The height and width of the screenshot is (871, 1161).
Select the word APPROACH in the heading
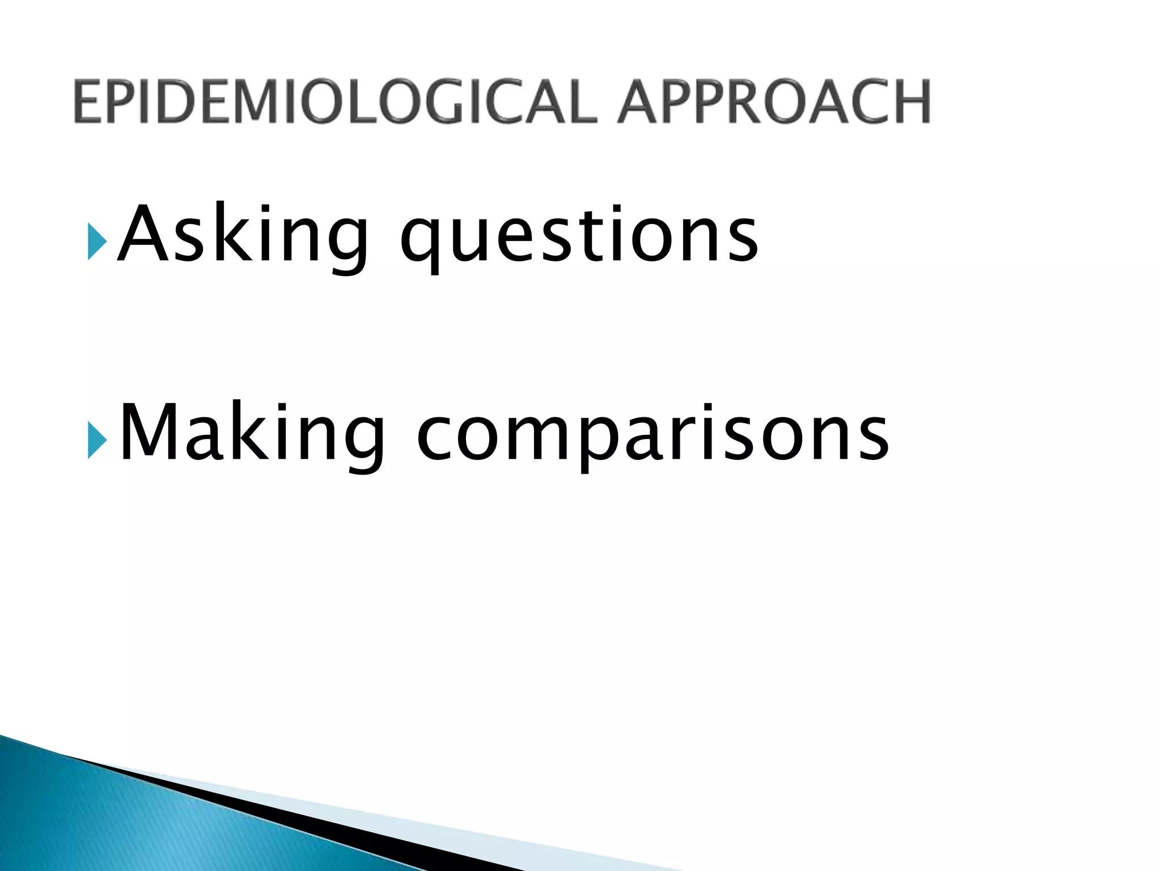(x=774, y=102)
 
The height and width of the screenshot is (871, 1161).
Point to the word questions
(x=578, y=238)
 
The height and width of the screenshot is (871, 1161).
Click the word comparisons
(x=652, y=437)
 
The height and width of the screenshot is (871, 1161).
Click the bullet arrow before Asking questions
(x=97, y=242)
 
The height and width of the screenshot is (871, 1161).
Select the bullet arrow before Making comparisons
(x=97, y=440)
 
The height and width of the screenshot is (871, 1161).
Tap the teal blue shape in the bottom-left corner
(x=142, y=828)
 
